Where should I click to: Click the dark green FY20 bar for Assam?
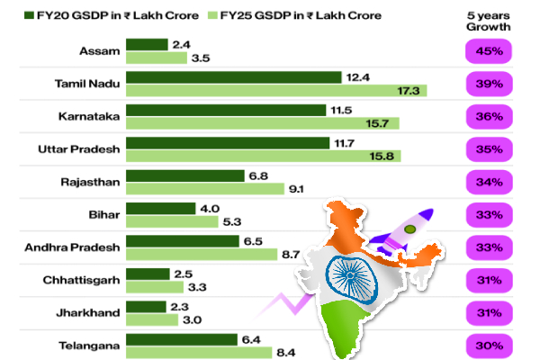[147, 44]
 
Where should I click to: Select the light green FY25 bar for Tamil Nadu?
[275, 91]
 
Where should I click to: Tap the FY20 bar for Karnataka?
[226, 110]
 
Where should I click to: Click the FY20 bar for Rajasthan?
[184, 175]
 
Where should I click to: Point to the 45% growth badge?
[489, 50]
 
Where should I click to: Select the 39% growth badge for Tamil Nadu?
[489, 84]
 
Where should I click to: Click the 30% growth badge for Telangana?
[489, 346]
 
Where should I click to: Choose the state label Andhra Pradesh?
[71, 247]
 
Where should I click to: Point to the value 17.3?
[443, 91]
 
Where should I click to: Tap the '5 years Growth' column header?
[489, 22]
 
